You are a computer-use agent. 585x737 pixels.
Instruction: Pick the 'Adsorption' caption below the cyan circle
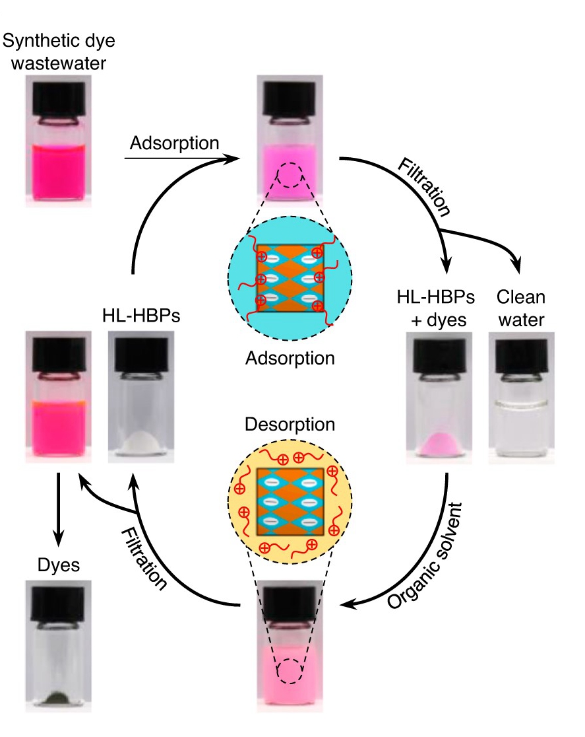290,359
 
